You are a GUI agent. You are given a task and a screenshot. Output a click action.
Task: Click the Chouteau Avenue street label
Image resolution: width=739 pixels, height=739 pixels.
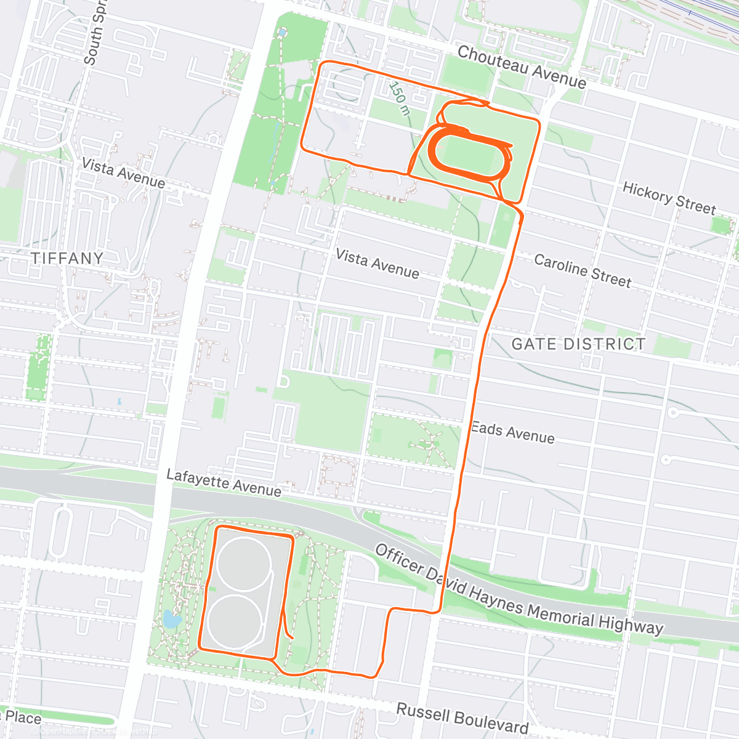[x=521, y=67]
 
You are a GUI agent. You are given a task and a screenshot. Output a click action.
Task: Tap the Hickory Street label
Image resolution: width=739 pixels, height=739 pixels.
[x=669, y=198]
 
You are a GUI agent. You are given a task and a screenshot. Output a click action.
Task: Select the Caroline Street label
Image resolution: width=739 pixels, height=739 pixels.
[x=582, y=271]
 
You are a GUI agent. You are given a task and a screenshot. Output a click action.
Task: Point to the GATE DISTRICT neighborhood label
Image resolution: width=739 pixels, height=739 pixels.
[x=578, y=344]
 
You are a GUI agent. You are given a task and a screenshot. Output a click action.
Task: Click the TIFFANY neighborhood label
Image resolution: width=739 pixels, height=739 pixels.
[x=67, y=258]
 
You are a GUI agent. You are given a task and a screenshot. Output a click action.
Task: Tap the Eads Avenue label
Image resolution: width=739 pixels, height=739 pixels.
[x=512, y=432]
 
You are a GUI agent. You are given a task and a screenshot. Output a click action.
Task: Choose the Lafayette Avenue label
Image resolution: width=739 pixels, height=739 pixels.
[x=224, y=483]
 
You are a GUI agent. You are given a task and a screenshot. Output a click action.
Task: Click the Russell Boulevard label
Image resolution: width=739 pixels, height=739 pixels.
[x=462, y=718]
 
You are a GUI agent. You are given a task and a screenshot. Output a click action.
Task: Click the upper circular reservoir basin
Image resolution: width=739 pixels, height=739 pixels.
[x=243, y=565]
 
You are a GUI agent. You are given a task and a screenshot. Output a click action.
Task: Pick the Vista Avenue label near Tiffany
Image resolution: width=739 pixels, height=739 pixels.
[x=123, y=173]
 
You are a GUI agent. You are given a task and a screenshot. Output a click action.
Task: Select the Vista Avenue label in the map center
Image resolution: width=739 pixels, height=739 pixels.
[x=377, y=264]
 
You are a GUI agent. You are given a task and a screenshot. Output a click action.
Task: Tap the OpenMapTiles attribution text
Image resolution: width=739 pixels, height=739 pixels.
[x=68, y=732]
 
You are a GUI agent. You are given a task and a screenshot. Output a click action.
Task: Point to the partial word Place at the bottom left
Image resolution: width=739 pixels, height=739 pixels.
[x=22, y=718]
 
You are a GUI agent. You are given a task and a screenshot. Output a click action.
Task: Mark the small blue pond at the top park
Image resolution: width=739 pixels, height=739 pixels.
[x=282, y=31]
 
